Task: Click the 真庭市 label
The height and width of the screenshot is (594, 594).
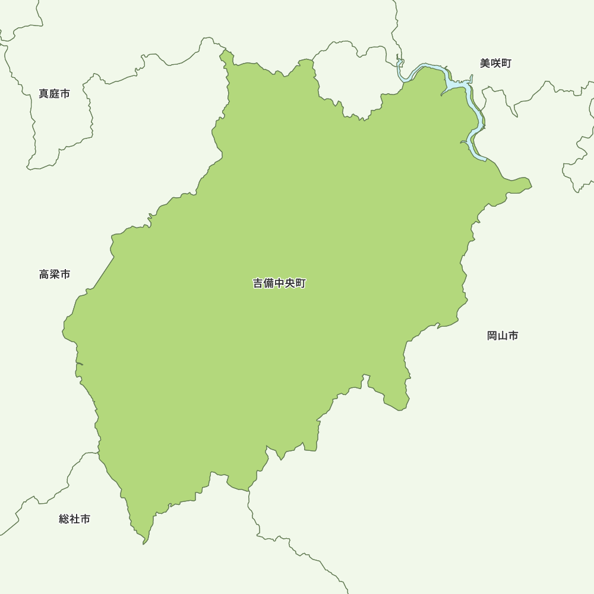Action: [54, 94]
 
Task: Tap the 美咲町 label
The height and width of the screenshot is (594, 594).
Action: [495, 64]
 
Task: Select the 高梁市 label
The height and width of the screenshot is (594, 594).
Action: [55, 274]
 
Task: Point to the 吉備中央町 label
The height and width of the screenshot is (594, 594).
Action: [279, 284]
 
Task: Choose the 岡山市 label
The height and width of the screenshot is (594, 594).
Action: [503, 336]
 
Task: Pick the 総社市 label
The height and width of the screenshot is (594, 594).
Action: [75, 519]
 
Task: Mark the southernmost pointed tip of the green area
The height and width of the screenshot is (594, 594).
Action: [144, 543]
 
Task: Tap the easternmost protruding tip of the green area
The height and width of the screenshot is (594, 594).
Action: [530, 186]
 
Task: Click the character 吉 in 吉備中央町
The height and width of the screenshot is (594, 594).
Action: [258, 284]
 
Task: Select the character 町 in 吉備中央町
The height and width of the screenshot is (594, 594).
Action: [301, 284]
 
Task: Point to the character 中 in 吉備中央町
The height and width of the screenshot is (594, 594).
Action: [280, 284]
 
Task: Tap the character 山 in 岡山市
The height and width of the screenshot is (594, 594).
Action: [503, 336]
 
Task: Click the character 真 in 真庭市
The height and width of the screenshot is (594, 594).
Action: [44, 94]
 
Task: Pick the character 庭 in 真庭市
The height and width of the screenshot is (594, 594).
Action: [55, 94]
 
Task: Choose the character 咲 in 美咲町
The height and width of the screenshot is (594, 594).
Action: [495, 64]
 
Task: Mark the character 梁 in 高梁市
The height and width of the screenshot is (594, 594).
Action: [55, 274]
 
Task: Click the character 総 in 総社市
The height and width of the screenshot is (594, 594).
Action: [64, 519]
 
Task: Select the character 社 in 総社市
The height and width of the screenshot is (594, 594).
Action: [75, 519]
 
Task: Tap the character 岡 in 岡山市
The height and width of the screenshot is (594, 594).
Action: [492, 336]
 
